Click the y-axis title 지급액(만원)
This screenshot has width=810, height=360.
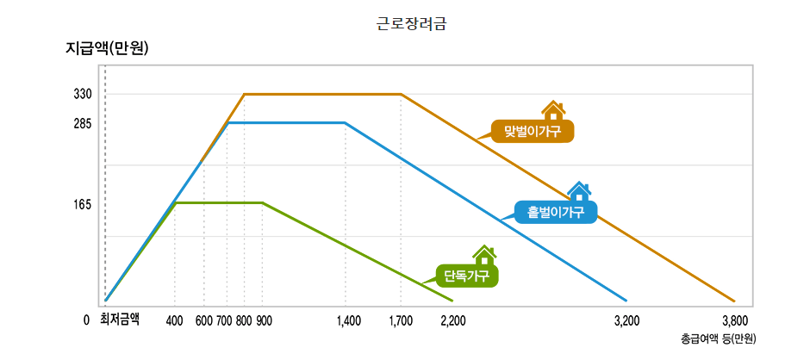pos(108,48)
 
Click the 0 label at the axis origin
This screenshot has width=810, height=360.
pos(86,320)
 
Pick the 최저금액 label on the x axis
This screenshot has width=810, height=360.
pos(121,320)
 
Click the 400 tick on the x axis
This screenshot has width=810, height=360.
pos(175,320)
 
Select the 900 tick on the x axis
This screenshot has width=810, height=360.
pos(264,320)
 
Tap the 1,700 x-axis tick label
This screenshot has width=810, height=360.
pos(401,320)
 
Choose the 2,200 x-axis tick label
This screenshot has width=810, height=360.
pos(452,320)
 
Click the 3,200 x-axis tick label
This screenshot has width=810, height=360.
pos(626,320)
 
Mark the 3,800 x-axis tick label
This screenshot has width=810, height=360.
pos(735,320)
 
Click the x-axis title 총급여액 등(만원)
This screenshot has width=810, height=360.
pos(718,338)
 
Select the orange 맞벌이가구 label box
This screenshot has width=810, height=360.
pos(532,131)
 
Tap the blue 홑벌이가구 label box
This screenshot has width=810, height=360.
pos(555,212)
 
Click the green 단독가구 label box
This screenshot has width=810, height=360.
pos(467,276)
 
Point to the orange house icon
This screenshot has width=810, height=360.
pos(552,109)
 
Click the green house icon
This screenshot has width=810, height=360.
pos(485,255)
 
